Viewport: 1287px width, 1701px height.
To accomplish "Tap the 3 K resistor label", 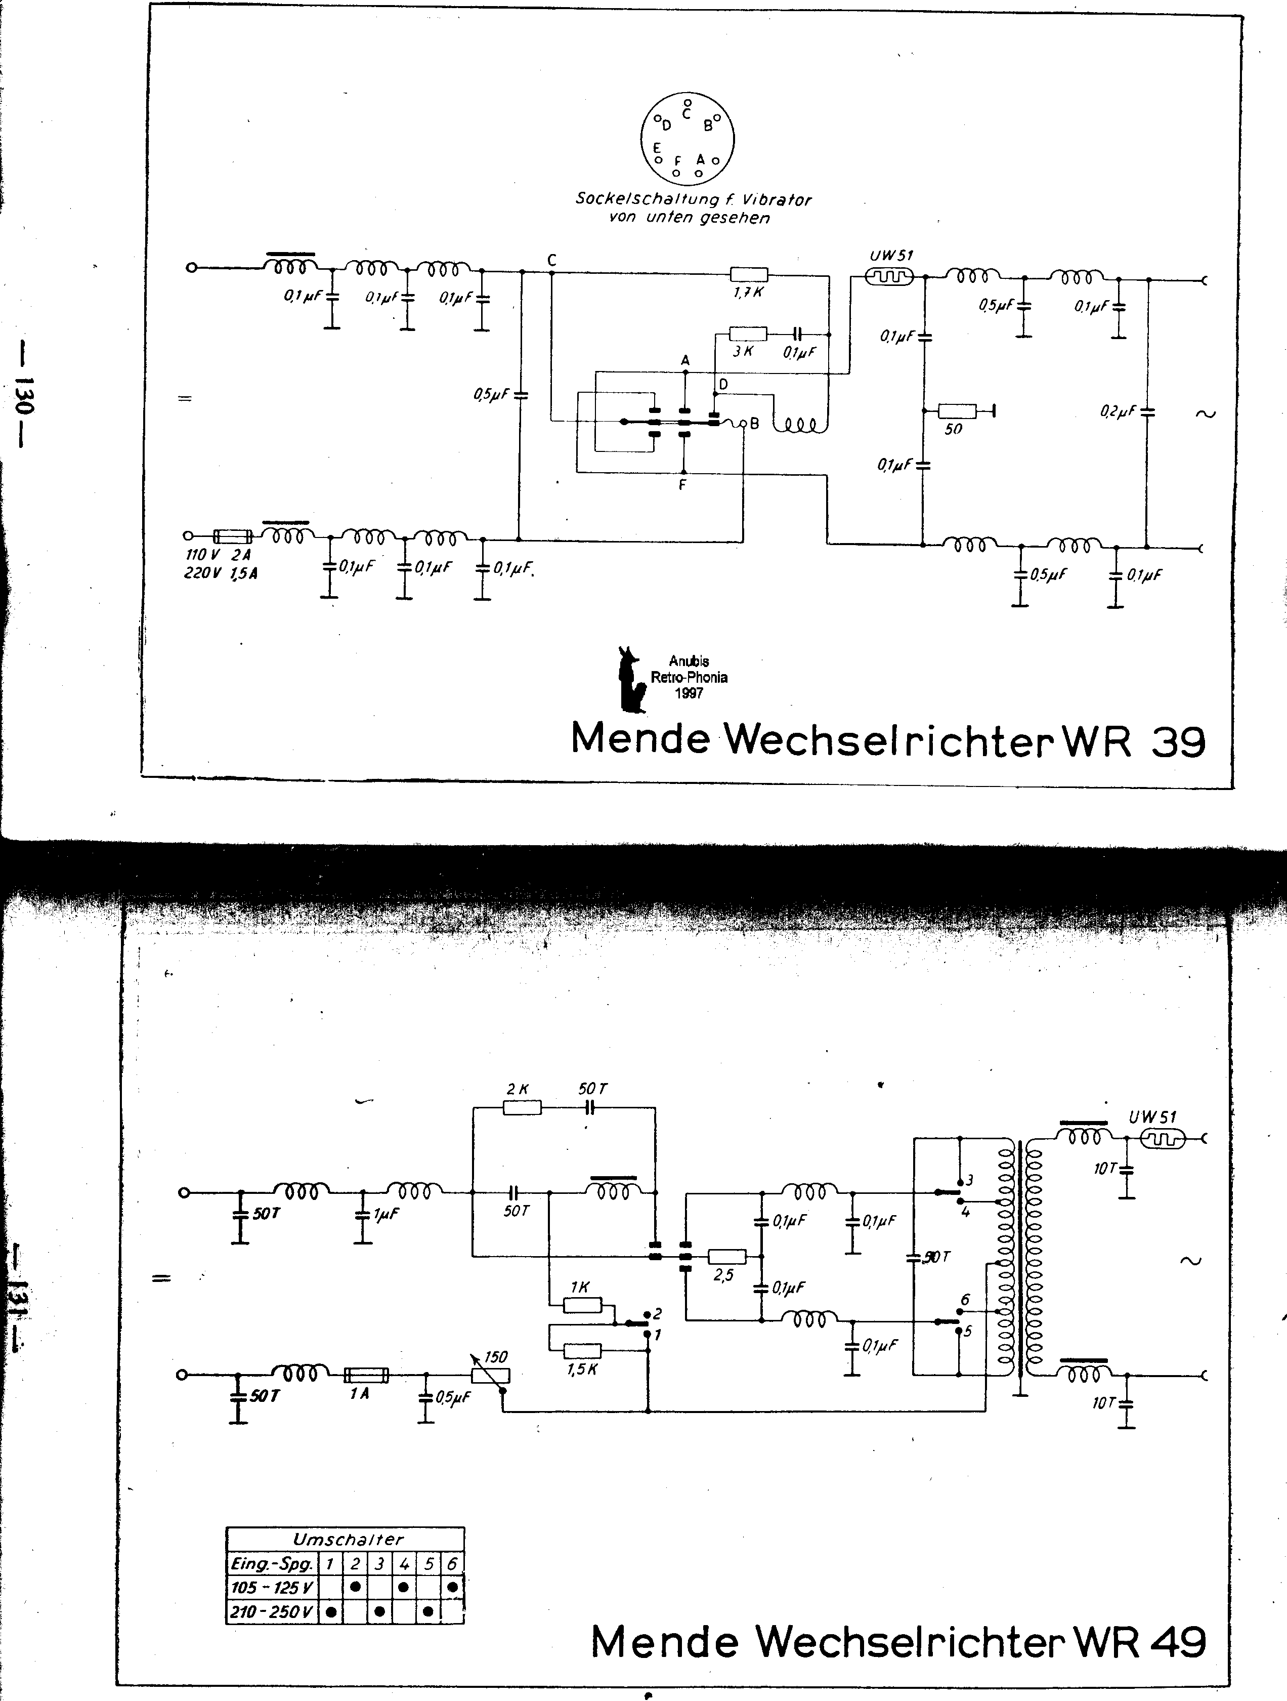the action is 743,351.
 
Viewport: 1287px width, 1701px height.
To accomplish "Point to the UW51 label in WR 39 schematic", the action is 891,256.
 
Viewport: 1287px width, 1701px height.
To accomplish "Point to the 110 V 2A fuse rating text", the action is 220,555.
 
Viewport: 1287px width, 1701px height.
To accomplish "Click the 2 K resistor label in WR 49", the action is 518,1089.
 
